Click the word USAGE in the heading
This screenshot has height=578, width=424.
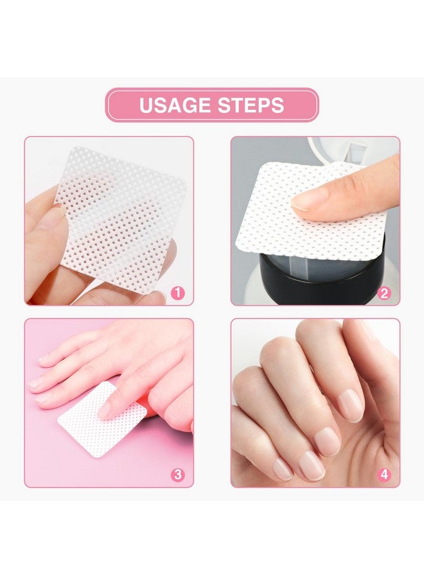174,105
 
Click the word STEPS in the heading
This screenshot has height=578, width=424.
249,105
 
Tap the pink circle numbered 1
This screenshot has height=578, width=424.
178,293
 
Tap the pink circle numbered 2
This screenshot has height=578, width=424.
384,293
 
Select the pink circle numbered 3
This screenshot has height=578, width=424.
178,475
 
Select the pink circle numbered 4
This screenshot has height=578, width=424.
384,475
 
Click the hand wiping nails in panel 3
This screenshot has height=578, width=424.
128,366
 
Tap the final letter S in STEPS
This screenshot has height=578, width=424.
278,105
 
